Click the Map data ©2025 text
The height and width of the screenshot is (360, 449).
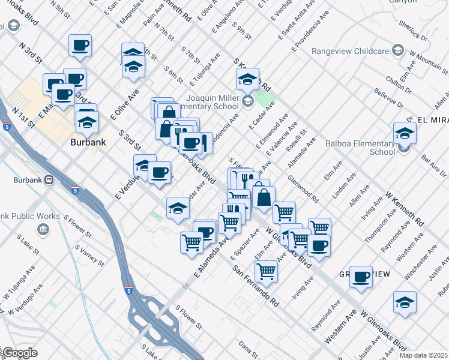point(423,355)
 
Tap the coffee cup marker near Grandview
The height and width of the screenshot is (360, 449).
point(361,277)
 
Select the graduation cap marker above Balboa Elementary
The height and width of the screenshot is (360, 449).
point(405,134)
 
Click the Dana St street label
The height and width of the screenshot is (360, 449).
point(248,346)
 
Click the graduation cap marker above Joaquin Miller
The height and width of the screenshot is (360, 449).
point(247,79)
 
